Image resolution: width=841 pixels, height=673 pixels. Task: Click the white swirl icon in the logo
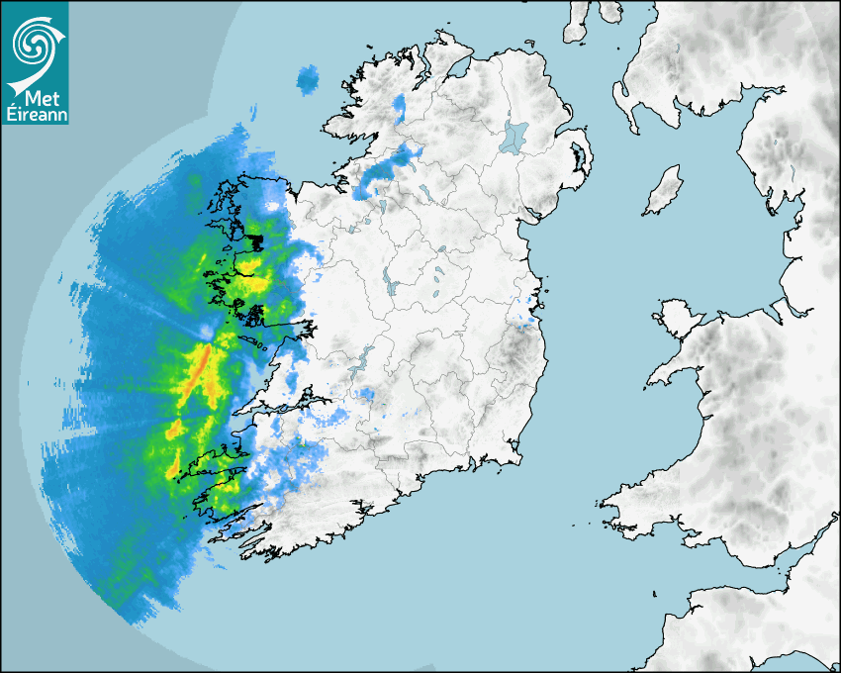(34, 42)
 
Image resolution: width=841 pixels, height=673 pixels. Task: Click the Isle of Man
(664, 191)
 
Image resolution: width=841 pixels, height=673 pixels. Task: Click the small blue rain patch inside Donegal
(400, 103)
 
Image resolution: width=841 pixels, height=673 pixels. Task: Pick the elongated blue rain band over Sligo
(386, 166)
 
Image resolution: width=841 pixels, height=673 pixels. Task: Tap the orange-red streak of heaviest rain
(201, 366)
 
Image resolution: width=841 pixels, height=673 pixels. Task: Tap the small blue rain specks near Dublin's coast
(526, 319)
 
